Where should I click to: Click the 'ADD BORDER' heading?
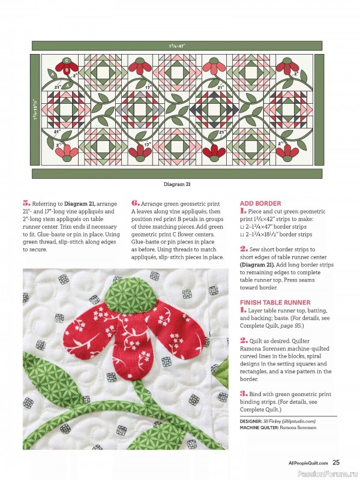260,203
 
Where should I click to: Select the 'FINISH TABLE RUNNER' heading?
275,302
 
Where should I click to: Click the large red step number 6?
135,203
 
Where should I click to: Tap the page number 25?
336,462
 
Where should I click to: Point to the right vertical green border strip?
319,110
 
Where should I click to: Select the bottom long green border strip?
177,173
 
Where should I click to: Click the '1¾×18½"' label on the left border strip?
35,110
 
